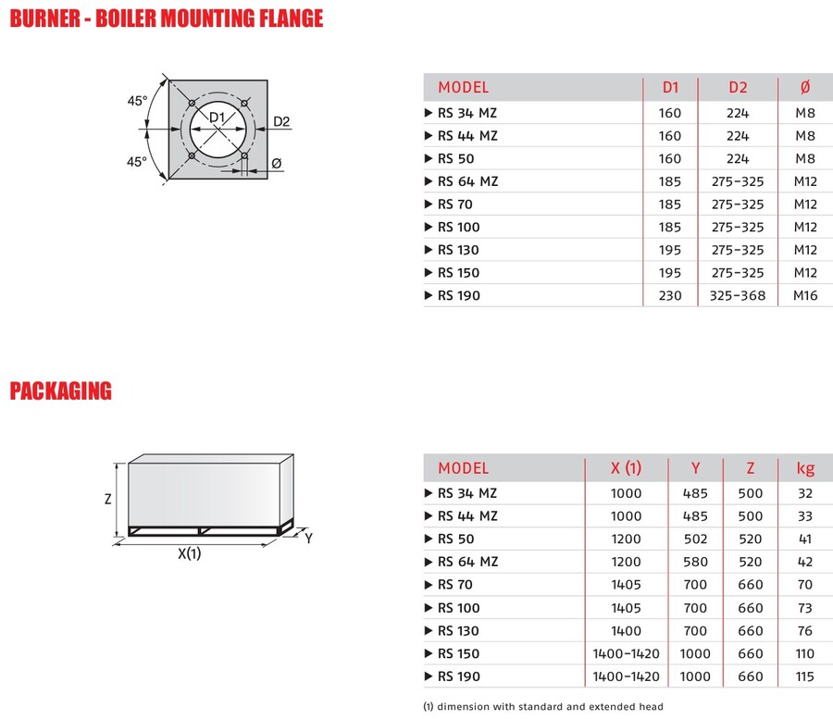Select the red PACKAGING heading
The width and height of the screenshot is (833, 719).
pos(60,391)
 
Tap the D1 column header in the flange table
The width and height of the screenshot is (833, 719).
pos(671,88)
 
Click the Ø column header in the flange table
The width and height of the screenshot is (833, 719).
pos(803,88)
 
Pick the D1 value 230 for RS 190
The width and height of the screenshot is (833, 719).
pos(671,296)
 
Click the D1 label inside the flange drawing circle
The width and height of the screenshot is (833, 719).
pos(216,118)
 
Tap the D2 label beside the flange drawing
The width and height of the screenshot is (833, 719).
pos(282,122)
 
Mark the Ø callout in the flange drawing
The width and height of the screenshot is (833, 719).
pos(276,164)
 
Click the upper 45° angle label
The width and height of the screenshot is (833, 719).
pos(137,101)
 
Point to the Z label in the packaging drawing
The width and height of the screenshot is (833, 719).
pos(107,499)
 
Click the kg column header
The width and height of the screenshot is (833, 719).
pos(805,468)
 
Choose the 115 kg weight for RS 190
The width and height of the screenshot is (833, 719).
pos(805,677)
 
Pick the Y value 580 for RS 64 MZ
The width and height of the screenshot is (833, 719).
pos(694,562)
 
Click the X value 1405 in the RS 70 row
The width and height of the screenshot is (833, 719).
pos(626,585)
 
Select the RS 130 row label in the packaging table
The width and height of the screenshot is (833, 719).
pos(459,631)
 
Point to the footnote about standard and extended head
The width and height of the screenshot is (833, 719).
pos(543,707)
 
